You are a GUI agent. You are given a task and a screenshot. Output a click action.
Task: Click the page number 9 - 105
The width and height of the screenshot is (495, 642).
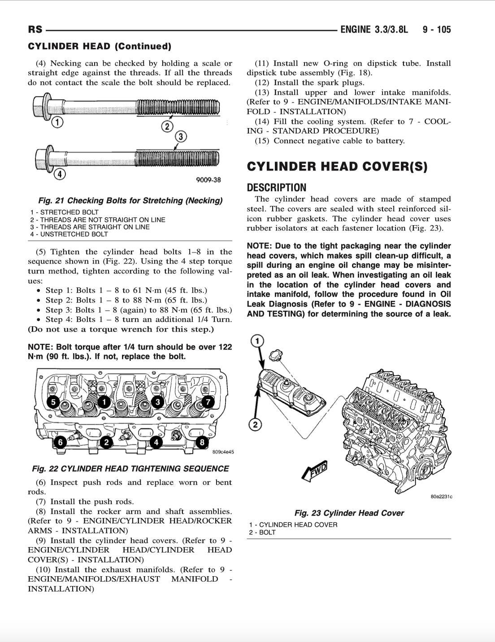tap(436, 30)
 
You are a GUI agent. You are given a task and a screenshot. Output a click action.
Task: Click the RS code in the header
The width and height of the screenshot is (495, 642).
tap(35, 30)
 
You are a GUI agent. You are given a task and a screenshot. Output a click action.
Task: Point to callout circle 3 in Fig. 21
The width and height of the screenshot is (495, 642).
tap(180, 136)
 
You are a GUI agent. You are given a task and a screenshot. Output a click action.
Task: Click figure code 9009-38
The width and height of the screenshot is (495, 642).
tap(208, 180)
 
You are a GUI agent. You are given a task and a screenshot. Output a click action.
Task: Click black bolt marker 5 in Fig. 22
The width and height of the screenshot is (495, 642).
tap(53, 402)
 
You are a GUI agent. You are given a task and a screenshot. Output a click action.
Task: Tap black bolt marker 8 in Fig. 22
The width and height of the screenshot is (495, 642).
tap(202, 442)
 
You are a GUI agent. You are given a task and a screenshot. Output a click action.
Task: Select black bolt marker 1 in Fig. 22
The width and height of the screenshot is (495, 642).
tap(104, 402)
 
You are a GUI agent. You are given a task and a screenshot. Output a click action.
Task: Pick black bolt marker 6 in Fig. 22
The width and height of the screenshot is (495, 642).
tap(60, 442)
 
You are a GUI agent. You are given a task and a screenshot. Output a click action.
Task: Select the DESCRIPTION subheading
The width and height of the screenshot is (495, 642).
tap(277, 188)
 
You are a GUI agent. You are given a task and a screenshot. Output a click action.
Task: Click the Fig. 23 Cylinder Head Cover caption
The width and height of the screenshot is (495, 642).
tap(349, 513)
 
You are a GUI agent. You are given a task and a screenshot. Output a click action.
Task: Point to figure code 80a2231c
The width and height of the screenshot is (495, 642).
tap(441, 496)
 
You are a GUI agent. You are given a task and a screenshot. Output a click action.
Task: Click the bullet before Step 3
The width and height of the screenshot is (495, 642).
tap(39, 310)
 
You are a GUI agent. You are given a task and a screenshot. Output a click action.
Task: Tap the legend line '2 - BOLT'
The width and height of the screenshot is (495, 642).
tap(262, 532)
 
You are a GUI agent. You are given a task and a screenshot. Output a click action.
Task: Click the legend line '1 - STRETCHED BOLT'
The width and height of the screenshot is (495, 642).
tap(65, 212)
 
